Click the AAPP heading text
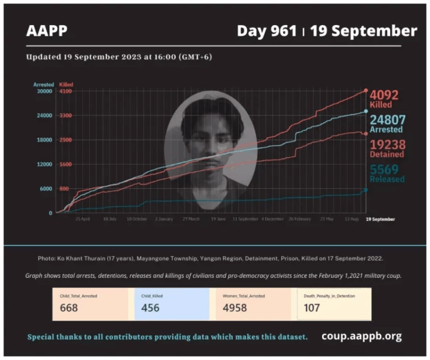click(x=46, y=31)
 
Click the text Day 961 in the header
click(x=267, y=31)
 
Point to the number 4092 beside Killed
click(x=384, y=95)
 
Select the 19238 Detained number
click(x=387, y=144)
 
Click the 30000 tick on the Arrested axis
click(x=45, y=91)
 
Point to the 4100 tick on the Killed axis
click(x=66, y=91)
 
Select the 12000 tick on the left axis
click(x=45, y=164)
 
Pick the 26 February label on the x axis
click(x=300, y=219)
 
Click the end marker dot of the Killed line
click(x=366, y=90)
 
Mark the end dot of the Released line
click(x=366, y=190)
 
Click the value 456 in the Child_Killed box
click(x=150, y=307)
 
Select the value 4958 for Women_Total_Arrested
click(x=235, y=307)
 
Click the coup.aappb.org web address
click(x=361, y=336)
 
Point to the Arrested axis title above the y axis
click(x=44, y=85)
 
